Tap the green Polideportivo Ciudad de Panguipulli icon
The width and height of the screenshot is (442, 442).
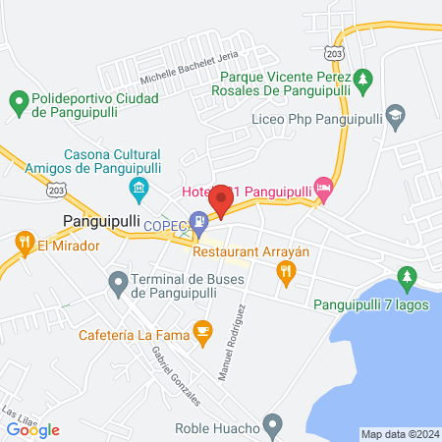click(x=18, y=100)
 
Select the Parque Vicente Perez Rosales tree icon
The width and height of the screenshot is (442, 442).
click(x=363, y=77)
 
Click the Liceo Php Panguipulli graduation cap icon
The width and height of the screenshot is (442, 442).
click(x=395, y=114)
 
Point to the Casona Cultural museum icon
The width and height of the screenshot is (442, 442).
click(x=138, y=187)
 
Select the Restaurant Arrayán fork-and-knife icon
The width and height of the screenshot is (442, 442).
click(x=286, y=276)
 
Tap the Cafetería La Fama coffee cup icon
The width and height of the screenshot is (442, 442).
click(x=202, y=332)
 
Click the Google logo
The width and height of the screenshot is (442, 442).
click(x=33, y=430)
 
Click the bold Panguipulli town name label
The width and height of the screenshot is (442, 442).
click(x=101, y=221)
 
